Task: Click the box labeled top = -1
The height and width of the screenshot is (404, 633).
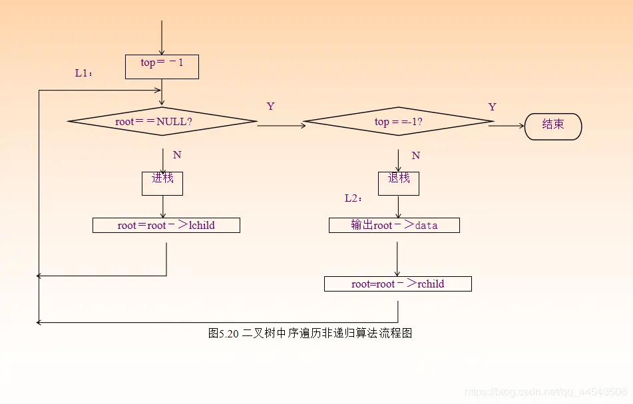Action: pyautogui.click(x=162, y=67)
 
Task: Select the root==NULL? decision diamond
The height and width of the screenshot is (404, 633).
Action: pyautogui.click(x=162, y=122)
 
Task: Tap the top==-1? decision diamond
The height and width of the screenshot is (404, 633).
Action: pyautogui.click(x=398, y=122)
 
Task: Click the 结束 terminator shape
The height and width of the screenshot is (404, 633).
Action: pyautogui.click(x=553, y=126)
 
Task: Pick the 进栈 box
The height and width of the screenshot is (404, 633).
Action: pyautogui.click(x=162, y=183)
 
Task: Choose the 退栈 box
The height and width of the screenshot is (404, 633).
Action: pyautogui.click(x=398, y=183)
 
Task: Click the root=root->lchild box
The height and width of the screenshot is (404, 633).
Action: pyautogui.click(x=166, y=225)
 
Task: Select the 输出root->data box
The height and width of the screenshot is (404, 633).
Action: pyautogui.click(x=394, y=225)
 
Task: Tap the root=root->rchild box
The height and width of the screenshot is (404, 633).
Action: pyautogui.click(x=397, y=284)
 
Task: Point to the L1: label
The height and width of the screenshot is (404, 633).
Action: pyautogui.click(x=84, y=73)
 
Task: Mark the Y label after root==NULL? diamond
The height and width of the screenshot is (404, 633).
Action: pyautogui.click(x=270, y=106)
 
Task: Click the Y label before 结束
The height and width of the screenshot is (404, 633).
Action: pyautogui.click(x=492, y=107)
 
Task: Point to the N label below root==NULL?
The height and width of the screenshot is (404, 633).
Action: pyautogui.click(x=177, y=155)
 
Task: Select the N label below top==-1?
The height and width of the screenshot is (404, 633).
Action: pyautogui.click(x=415, y=156)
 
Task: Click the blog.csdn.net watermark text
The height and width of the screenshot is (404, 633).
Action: pyautogui.click(x=545, y=392)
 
